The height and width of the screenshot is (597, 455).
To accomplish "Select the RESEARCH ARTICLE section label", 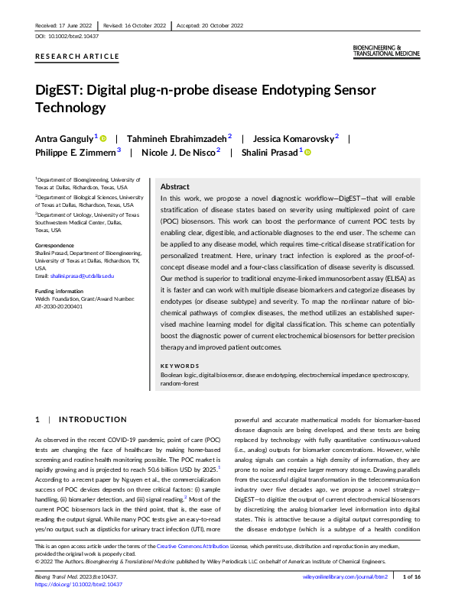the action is tap(77, 56).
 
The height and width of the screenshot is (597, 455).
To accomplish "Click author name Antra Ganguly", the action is tap(64, 138).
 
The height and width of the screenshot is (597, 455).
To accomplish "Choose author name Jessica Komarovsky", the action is tap(293, 138).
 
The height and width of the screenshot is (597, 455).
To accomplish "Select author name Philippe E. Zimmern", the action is tap(75, 152).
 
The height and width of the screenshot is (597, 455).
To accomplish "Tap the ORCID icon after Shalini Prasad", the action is tap(309, 152).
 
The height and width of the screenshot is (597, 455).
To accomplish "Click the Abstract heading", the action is tap(175, 186).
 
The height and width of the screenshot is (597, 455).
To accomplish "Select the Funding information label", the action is tap(60, 292).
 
